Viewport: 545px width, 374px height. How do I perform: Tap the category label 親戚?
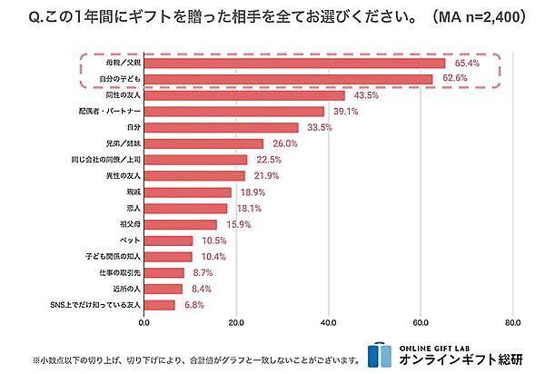click(133, 192)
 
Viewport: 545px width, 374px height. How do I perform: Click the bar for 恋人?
click(185, 208)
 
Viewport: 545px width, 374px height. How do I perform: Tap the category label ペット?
click(130, 241)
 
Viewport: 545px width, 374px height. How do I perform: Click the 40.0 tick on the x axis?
click(329, 322)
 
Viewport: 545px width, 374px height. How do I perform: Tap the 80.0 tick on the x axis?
click(512, 322)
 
